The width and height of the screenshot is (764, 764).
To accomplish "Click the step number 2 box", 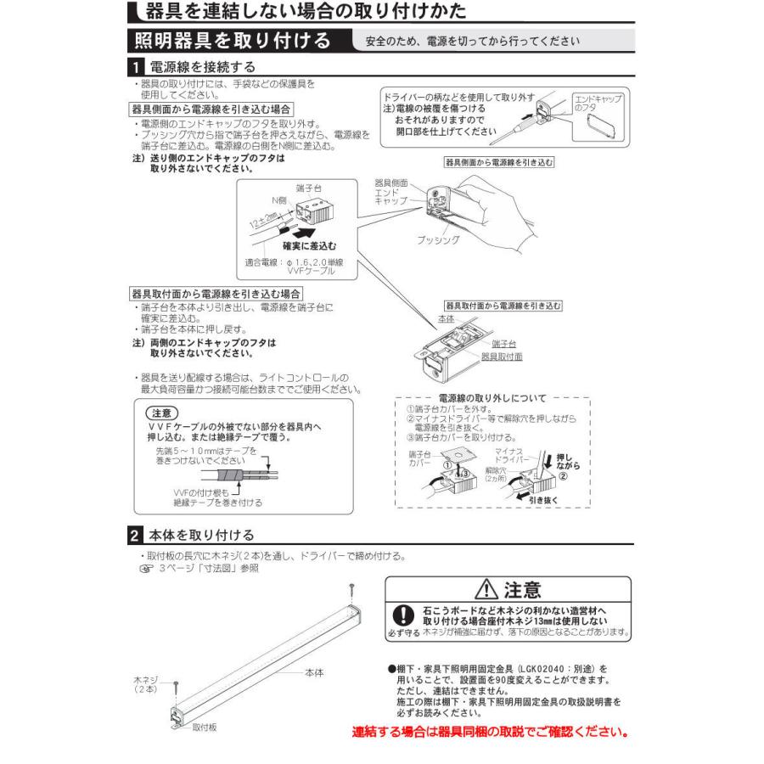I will pyautogui.click(x=136, y=536).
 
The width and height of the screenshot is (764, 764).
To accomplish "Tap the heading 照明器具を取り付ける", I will pyautogui.click(x=232, y=40).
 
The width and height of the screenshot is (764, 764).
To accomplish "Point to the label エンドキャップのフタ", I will pyautogui.click(x=598, y=104).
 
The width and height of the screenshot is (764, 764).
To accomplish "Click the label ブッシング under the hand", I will pyautogui.click(x=438, y=240).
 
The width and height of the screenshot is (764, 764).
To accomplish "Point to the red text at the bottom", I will pyautogui.click(x=491, y=731).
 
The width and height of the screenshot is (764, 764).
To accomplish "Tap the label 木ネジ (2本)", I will pyautogui.click(x=146, y=684).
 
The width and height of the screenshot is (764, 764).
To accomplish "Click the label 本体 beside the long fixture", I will pyautogui.click(x=313, y=672).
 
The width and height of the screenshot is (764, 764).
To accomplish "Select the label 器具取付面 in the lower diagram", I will pyautogui.click(x=502, y=357).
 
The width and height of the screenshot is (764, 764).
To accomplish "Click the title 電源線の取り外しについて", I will pyautogui.click(x=492, y=397).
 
